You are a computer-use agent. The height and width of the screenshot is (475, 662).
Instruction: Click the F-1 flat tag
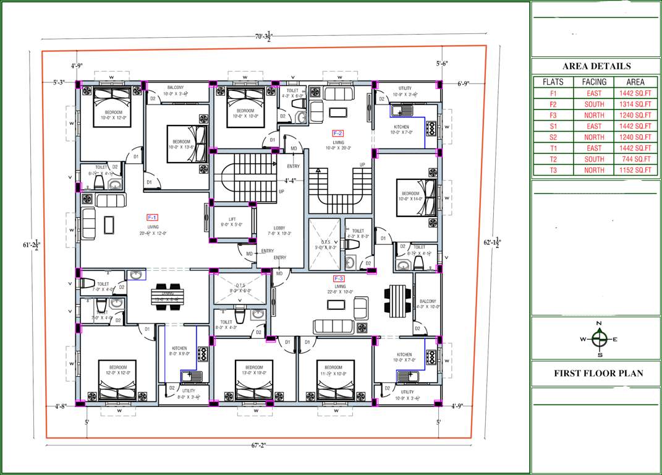point(153,217)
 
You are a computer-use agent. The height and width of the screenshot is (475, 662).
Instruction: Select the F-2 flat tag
point(337,133)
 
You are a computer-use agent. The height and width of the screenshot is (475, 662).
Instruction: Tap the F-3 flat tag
point(339,278)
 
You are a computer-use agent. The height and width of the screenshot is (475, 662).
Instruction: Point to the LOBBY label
point(279,231)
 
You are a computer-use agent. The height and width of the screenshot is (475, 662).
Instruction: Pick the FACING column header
point(594,82)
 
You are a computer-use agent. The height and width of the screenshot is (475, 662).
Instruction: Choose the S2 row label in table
point(553,137)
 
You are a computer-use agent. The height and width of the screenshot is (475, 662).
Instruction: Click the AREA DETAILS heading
point(596,66)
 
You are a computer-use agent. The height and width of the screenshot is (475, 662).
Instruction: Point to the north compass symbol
point(598,338)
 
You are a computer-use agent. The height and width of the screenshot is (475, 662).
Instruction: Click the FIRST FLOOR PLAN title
point(598,373)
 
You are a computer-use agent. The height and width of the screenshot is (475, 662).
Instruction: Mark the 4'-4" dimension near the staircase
point(291,181)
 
